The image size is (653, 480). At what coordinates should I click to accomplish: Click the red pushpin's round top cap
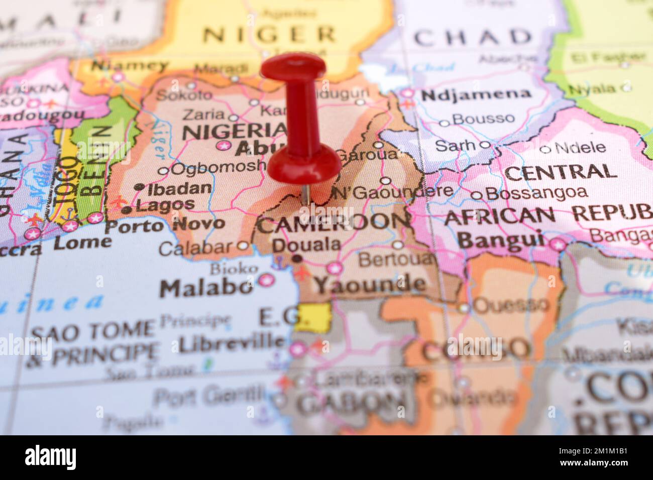click(293, 67)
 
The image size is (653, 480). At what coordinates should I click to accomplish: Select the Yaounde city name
click(369, 285)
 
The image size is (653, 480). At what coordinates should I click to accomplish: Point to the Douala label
click(306, 245)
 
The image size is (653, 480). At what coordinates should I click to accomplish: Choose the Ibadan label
click(179, 189)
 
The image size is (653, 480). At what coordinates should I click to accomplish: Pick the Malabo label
click(206, 288)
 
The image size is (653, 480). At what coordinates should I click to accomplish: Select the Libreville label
click(232, 343)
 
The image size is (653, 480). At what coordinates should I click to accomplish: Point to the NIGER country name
click(269, 35)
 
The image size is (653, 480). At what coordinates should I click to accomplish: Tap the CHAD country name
click(472, 37)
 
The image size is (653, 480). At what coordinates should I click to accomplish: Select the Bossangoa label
click(536, 193)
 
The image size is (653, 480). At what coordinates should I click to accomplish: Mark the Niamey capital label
click(130, 66)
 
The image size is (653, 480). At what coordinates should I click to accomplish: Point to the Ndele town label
click(580, 148)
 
